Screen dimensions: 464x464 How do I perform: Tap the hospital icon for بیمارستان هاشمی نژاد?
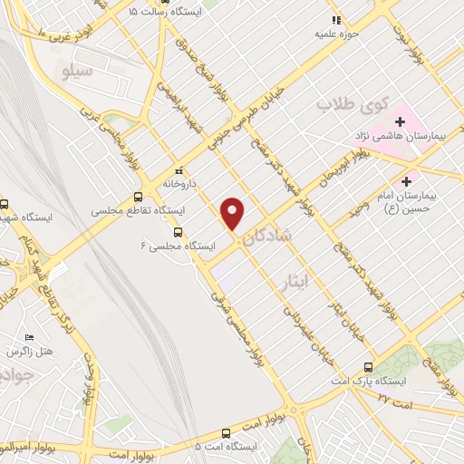pos(400,121)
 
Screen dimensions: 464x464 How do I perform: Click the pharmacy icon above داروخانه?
pos(179,169)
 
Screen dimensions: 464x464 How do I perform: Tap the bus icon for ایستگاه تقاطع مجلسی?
pos(138,197)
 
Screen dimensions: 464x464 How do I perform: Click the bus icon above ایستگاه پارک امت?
pos(368,367)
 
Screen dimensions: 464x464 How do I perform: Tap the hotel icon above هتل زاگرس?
pos(30,337)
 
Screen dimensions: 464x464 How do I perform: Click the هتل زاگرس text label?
pos(30,351)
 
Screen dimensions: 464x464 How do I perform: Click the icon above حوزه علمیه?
pos(336,19)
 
